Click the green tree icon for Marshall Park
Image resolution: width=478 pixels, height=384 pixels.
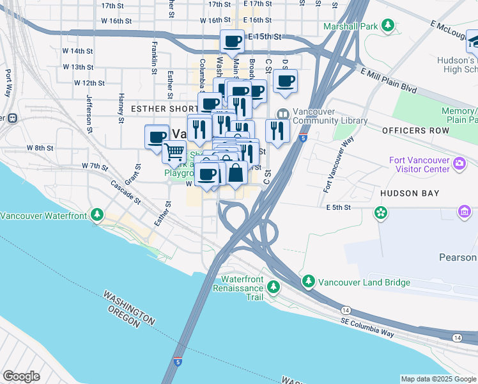[x=387, y=26]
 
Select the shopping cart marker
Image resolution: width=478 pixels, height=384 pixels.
[x=174, y=152]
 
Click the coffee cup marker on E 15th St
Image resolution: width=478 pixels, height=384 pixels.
[x=233, y=42]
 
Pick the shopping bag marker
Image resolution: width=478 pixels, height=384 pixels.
[x=236, y=172]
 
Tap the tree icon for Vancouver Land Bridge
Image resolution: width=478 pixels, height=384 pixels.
[x=309, y=282]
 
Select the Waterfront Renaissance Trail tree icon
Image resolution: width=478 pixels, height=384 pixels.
[x=274, y=287]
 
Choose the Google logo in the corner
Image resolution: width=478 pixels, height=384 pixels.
[x=22, y=376]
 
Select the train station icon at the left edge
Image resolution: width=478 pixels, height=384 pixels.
[x=11, y=118]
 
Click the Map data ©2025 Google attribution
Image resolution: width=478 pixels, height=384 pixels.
[x=438, y=379]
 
